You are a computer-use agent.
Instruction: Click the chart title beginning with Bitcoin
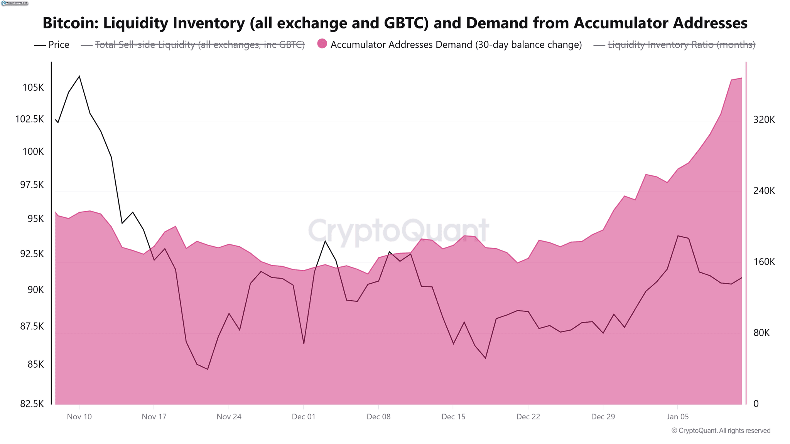(x=395, y=23)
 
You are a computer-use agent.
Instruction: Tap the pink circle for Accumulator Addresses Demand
(x=322, y=44)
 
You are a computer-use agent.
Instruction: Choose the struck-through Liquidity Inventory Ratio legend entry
(x=681, y=45)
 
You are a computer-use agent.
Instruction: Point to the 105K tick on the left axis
(x=33, y=87)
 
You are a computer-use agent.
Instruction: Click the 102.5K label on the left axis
(x=30, y=119)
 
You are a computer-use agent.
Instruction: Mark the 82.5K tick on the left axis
(x=32, y=404)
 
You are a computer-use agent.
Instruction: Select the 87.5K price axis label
(x=32, y=326)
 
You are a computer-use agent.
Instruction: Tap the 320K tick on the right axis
(x=764, y=120)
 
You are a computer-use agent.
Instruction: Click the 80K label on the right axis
(x=761, y=333)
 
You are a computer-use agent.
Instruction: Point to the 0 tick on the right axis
(x=756, y=404)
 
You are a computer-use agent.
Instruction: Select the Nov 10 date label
(x=79, y=417)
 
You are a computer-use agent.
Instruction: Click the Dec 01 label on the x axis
(x=304, y=417)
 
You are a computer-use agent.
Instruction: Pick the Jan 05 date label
(x=678, y=417)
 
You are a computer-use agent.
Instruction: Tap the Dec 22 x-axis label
(x=528, y=417)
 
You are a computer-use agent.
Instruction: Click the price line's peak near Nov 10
(x=79, y=76)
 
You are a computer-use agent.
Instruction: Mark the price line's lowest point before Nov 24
(x=208, y=369)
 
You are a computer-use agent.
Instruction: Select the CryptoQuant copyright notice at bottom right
(x=721, y=431)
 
